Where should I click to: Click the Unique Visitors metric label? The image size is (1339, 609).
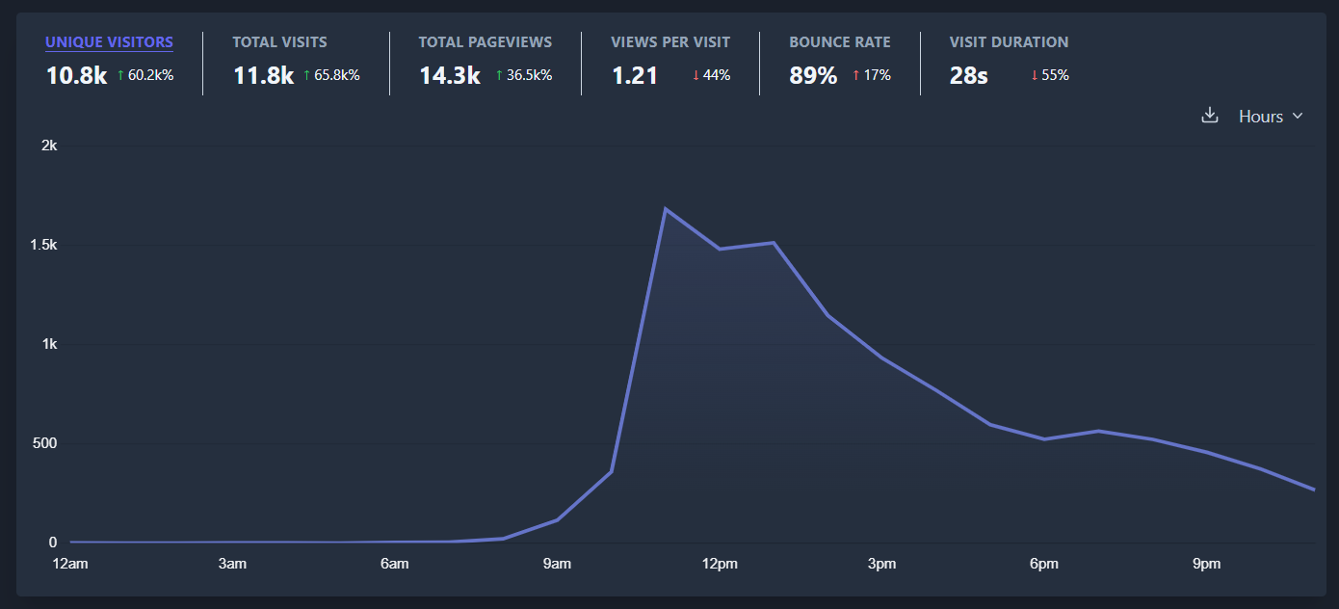click(109, 42)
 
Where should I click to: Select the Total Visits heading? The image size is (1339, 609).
click(279, 42)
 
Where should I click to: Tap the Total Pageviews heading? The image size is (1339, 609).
click(485, 42)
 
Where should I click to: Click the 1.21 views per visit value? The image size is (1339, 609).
click(635, 76)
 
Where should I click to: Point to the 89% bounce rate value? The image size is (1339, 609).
click(813, 76)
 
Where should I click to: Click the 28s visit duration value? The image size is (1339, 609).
click(968, 76)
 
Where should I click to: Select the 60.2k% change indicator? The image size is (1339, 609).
click(145, 75)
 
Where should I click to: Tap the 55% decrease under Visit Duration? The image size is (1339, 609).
click(1050, 75)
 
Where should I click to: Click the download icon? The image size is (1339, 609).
click(1210, 116)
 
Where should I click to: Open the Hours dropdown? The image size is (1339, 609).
click(1270, 117)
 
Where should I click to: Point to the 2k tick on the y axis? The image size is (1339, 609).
click(49, 146)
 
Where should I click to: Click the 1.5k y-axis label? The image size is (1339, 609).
click(44, 246)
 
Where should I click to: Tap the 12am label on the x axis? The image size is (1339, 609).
click(69, 564)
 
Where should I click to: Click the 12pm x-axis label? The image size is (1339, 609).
click(720, 564)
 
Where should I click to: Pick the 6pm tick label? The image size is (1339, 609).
click(1044, 564)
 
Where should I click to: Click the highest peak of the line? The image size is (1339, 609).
click(666, 209)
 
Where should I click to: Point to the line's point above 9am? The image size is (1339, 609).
click(557, 520)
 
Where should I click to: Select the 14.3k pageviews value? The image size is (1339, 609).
click(449, 76)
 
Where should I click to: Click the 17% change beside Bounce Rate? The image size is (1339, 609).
click(872, 75)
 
